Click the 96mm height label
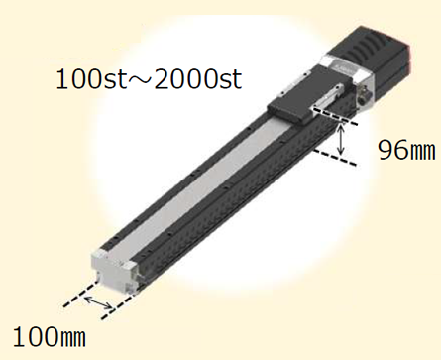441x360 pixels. pos(406,151)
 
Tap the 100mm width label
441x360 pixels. pos(50,337)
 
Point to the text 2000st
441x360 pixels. pos(198,79)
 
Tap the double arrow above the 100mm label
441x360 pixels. pos(98,302)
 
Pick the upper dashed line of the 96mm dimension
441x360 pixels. pos(335,116)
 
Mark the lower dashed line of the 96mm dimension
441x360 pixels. pos(335,158)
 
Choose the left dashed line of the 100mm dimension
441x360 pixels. pos(81,294)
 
